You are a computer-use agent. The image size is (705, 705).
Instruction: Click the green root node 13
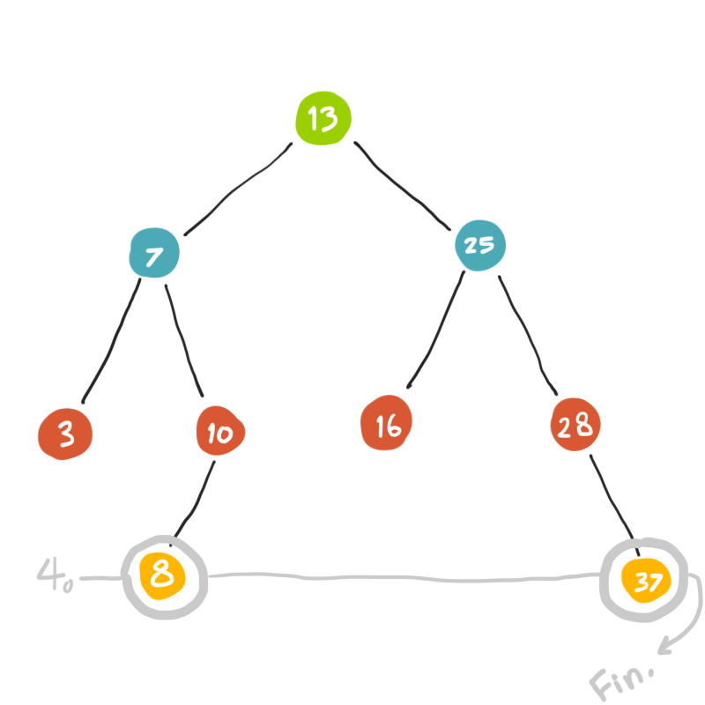(x=323, y=119)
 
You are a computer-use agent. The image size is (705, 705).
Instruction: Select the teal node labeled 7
(x=154, y=255)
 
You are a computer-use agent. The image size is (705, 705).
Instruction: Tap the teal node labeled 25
(x=479, y=245)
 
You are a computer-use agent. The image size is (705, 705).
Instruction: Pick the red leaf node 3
(x=65, y=434)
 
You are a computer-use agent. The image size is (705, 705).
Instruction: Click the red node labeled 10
(x=219, y=432)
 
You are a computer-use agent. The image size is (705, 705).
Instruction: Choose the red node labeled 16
(x=388, y=426)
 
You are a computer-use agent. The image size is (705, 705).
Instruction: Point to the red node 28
(x=575, y=427)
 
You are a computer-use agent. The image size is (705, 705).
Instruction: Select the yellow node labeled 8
(x=162, y=577)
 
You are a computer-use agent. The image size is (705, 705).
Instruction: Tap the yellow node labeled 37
(x=648, y=579)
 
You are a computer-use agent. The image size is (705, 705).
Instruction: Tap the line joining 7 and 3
(x=111, y=339)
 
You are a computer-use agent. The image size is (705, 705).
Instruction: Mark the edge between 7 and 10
(x=184, y=339)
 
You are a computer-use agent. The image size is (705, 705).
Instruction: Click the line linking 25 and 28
(x=528, y=333)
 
